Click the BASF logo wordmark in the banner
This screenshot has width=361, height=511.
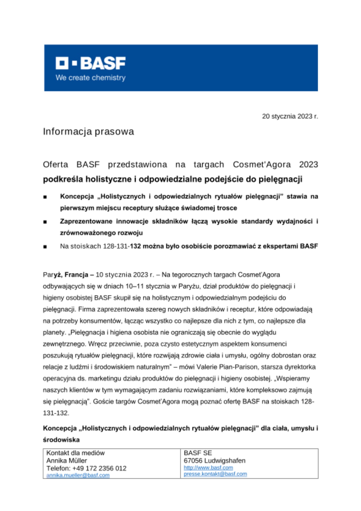pyautogui.click(x=91, y=63)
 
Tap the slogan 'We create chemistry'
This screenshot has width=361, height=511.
pyautogui.click(x=91, y=78)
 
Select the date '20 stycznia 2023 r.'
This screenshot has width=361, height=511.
pyautogui.click(x=290, y=116)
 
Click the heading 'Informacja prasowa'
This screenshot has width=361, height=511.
pyautogui.click(x=88, y=132)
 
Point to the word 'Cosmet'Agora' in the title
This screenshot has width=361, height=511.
pyautogui.click(x=262, y=165)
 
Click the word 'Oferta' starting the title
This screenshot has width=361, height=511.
pyautogui.click(x=55, y=165)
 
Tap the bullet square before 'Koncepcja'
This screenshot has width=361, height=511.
pyautogui.click(x=45, y=197)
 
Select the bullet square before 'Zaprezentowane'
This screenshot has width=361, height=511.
pyautogui.click(x=45, y=222)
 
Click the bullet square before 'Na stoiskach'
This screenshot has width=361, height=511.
pyautogui.click(x=45, y=247)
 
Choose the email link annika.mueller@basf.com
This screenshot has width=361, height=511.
pyautogui.click(x=78, y=475)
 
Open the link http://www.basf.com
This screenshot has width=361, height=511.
pyautogui.click(x=208, y=468)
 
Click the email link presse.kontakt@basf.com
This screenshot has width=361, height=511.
pyautogui.click(x=215, y=474)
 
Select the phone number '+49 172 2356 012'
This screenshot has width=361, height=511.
pyautogui.click(x=99, y=468)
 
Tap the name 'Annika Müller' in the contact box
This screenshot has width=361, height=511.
pyautogui.click(x=67, y=461)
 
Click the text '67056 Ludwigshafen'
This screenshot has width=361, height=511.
pyautogui.click(x=214, y=461)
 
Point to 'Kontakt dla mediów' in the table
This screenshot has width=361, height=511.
pyautogui.click(x=76, y=453)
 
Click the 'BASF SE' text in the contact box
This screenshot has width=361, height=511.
pyautogui.click(x=198, y=453)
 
